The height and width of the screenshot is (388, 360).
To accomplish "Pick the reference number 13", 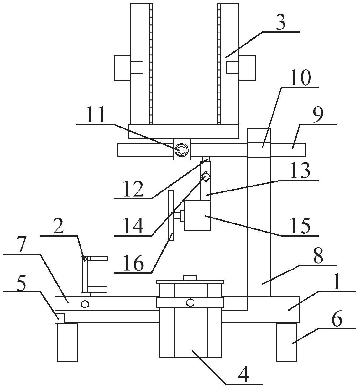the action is click(300, 170).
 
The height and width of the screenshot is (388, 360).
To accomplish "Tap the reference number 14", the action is click(133, 226).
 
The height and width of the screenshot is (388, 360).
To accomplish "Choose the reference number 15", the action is click(300, 226).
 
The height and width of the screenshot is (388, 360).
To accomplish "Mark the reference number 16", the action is click(133, 263).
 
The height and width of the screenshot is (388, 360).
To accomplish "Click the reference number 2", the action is click(58, 226).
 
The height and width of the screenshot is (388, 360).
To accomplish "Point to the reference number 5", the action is click(22, 282).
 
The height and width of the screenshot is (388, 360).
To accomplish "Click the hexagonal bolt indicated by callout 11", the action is click(182, 150).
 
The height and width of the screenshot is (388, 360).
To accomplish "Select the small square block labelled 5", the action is click(60, 318).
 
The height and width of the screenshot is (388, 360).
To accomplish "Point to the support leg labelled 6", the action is click(287, 343).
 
